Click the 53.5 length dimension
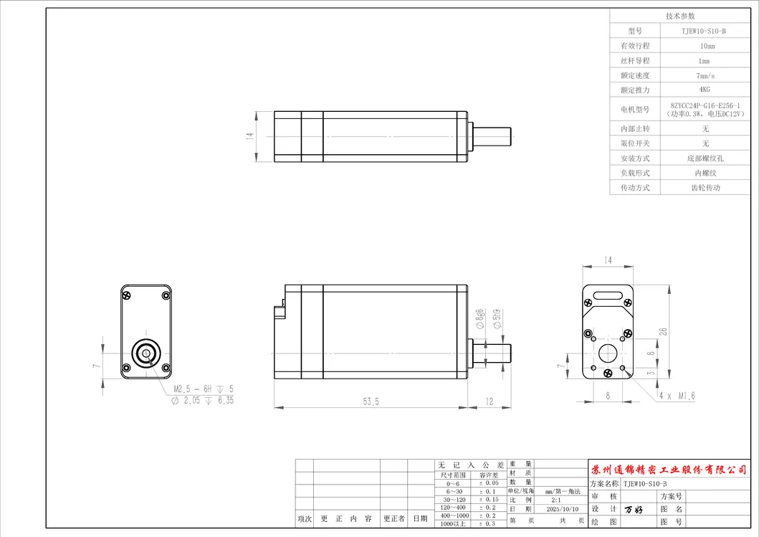pos(371,401)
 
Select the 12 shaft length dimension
pos(490,401)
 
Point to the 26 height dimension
pos(663,332)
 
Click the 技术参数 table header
pos(680,16)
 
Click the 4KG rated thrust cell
pos(705,90)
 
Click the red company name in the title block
pos(672,469)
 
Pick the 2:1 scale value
pos(556,500)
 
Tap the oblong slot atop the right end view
pos(607,294)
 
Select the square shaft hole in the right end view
pos(608,353)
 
